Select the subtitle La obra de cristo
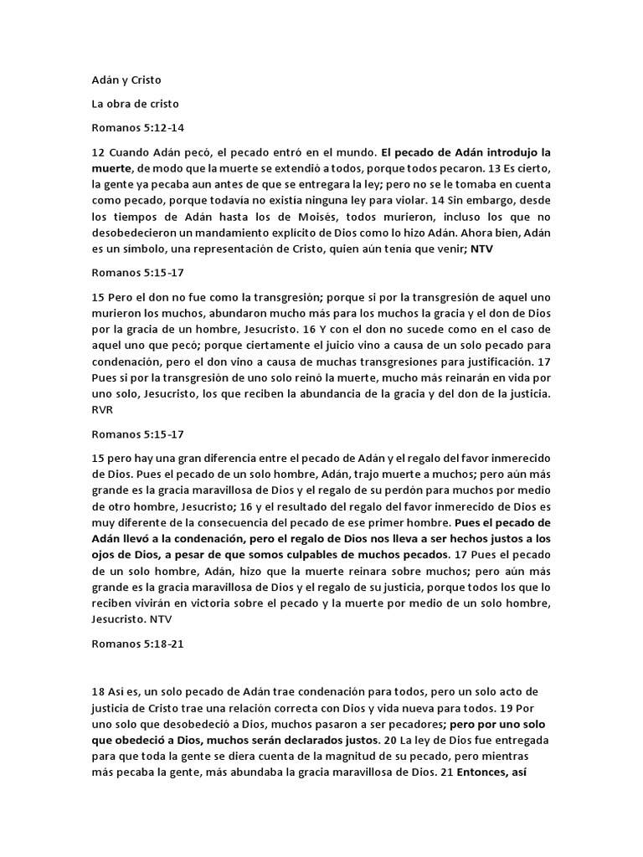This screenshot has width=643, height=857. click(130, 105)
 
